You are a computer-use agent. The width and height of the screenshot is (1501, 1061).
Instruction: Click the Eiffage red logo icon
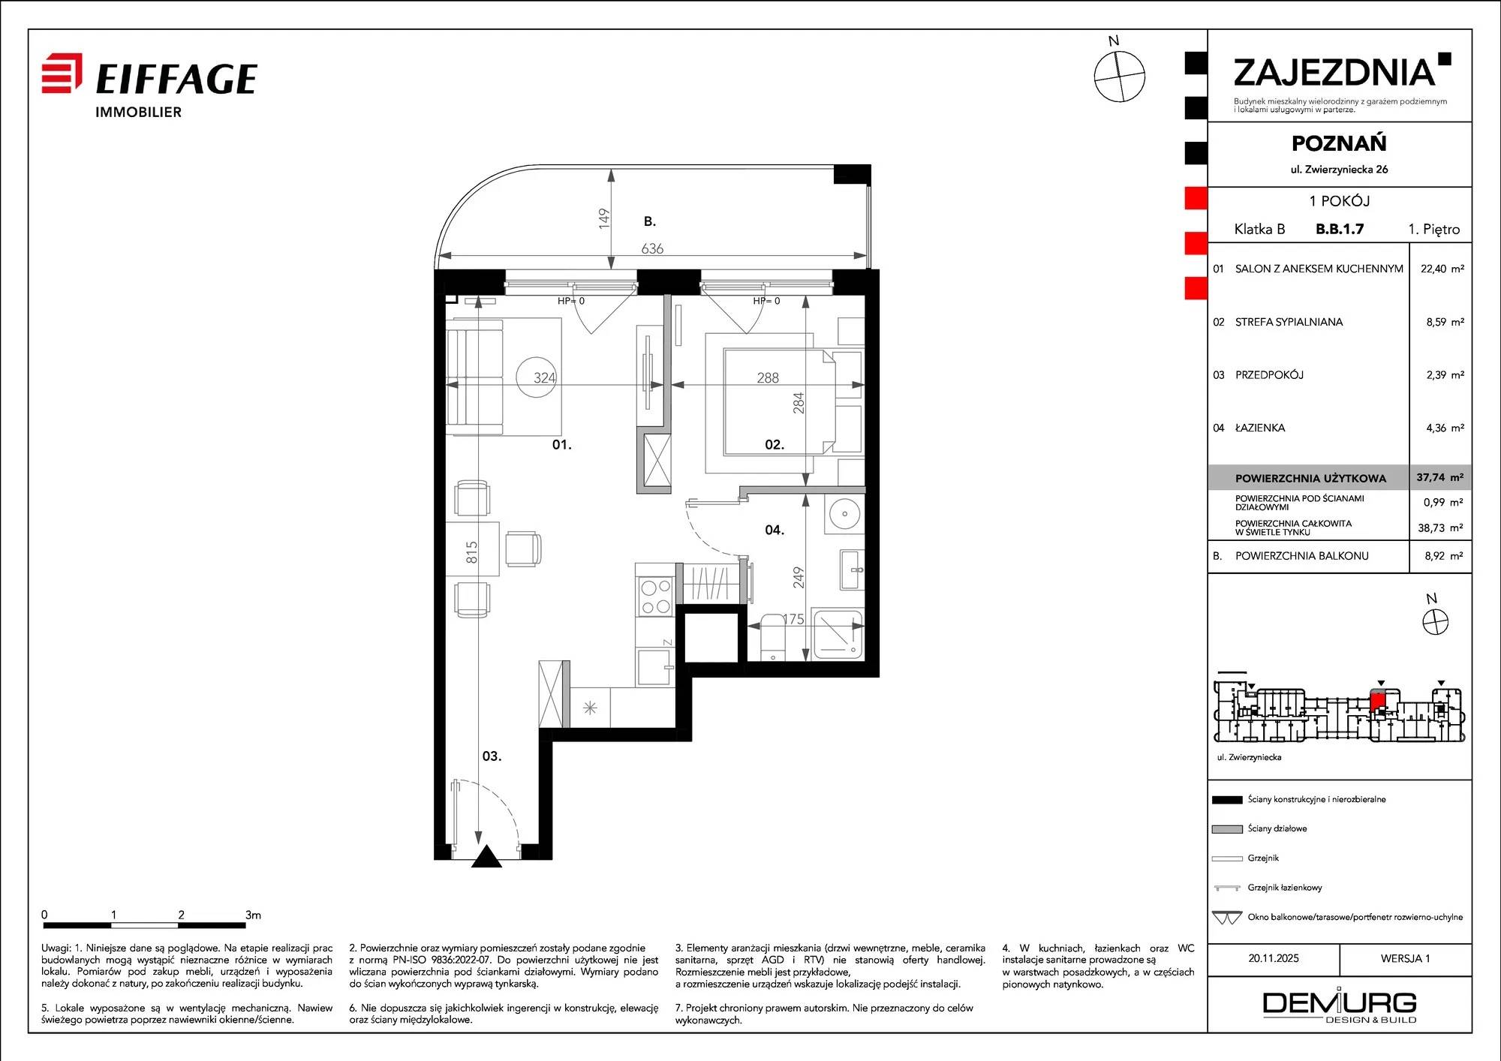click(x=62, y=73)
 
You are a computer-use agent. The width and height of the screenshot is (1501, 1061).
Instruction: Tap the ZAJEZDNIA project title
click(x=1334, y=73)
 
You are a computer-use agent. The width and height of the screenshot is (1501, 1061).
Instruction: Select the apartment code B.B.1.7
click(x=1340, y=229)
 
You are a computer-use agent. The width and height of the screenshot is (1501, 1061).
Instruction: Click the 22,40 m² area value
click(x=1442, y=269)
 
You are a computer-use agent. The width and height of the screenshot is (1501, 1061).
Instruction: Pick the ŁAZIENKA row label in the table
click(x=1260, y=428)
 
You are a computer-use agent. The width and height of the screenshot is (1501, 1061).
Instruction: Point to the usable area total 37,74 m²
click(x=1439, y=477)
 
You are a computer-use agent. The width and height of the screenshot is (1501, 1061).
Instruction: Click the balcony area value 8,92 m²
click(x=1444, y=556)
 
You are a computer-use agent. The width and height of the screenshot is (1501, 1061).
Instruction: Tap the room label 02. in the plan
click(x=775, y=445)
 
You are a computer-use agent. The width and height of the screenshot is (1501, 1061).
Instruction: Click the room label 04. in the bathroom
click(x=775, y=530)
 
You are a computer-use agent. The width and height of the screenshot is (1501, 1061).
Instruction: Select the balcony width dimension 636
click(x=652, y=248)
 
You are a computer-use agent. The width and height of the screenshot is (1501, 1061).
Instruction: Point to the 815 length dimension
click(x=471, y=552)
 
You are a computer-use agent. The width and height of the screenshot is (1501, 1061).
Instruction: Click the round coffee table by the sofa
click(x=537, y=377)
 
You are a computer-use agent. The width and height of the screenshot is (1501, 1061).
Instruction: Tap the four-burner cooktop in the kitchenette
click(x=655, y=597)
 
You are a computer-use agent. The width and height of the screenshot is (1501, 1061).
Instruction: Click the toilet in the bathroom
click(x=773, y=638)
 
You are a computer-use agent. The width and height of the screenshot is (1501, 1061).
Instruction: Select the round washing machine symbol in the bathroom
click(x=844, y=514)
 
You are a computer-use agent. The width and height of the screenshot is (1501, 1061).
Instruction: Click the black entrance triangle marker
click(x=486, y=857)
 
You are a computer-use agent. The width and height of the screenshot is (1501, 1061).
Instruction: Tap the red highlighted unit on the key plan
click(x=1377, y=701)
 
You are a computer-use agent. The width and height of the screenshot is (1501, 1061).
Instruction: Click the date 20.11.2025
click(x=1274, y=958)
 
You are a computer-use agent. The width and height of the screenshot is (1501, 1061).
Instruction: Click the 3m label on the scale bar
click(x=253, y=915)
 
